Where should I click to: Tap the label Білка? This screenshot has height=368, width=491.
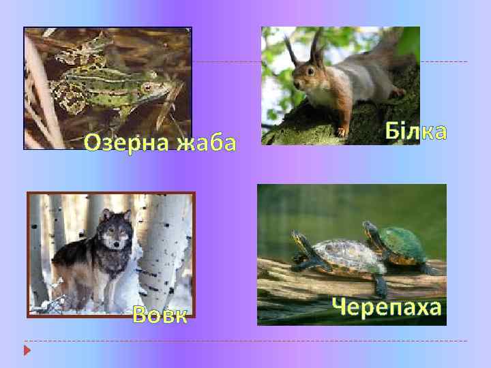click(x=416, y=130)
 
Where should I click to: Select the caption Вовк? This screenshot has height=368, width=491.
click(x=161, y=315)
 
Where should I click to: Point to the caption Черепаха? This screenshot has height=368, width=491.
click(x=387, y=308)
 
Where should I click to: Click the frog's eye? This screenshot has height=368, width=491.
click(x=147, y=87)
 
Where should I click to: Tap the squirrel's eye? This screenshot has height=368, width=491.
click(x=301, y=80)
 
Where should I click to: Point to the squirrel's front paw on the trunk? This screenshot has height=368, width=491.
click(x=342, y=129)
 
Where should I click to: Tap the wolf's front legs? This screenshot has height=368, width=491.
click(x=109, y=286)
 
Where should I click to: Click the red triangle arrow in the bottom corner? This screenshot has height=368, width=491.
click(x=27, y=351)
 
